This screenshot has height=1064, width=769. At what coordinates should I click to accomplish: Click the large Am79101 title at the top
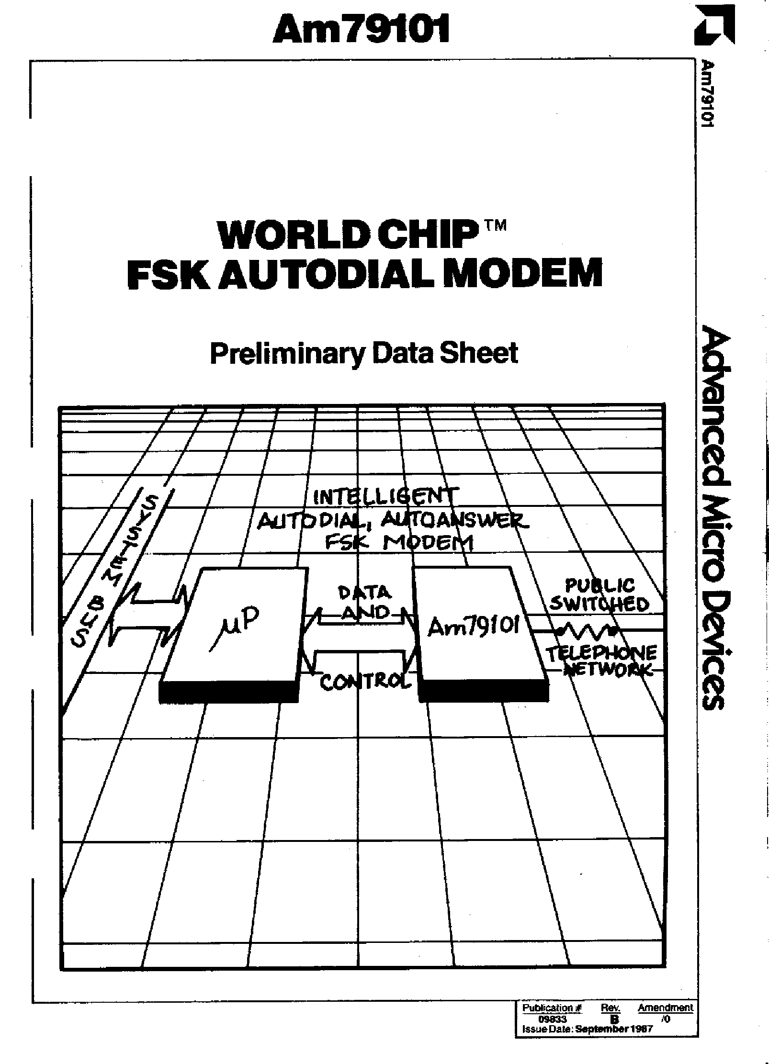point(361,30)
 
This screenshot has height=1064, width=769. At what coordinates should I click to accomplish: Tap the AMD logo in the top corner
point(714,26)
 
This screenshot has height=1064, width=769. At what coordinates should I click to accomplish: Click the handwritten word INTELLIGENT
point(385,496)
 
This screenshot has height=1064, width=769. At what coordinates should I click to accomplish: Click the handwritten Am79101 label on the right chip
point(473,627)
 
